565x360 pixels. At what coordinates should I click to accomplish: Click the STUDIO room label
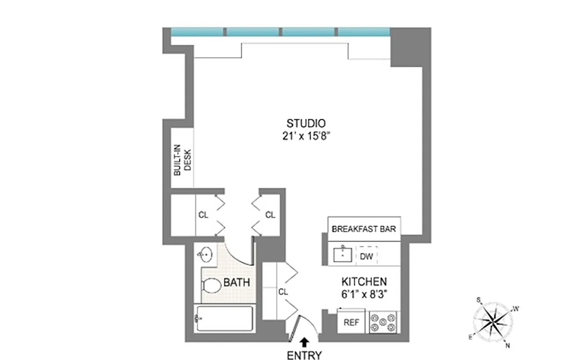[306, 123]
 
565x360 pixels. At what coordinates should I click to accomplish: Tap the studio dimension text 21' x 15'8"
[306, 135]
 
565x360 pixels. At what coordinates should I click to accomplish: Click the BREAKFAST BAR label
[364, 229]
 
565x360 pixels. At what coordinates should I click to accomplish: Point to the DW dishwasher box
[366, 256]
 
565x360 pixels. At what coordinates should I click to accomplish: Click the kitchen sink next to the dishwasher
[344, 255]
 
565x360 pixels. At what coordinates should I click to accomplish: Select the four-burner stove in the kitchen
[384, 322]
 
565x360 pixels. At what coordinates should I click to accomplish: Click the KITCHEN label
[364, 282]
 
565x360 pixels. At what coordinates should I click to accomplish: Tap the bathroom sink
[205, 255]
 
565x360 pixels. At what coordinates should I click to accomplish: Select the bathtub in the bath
[224, 319]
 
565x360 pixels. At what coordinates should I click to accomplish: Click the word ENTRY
[305, 355]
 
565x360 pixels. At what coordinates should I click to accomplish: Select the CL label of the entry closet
[283, 292]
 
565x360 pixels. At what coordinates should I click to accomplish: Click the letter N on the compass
[507, 345]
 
